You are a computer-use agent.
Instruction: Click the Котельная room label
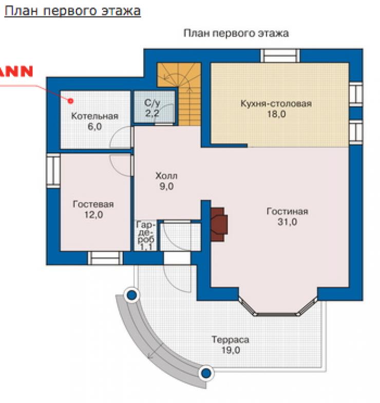(x=94, y=116)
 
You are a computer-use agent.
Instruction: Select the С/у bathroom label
(x=152, y=103)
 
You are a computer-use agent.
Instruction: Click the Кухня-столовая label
(x=276, y=104)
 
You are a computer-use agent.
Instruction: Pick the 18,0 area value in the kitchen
(x=276, y=114)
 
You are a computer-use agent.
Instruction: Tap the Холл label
(x=166, y=176)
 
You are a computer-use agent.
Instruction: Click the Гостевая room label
(x=93, y=205)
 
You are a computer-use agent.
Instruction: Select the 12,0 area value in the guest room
(x=93, y=215)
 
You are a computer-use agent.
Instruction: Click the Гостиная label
(x=288, y=212)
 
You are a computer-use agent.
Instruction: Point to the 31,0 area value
(x=288, y=222)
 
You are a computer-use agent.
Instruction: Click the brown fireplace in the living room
(x=219, y=224)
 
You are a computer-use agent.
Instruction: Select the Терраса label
(x=230, y=340)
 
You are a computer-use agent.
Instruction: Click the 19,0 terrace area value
(x=231, y=350)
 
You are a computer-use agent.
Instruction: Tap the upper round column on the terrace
(x=131, y=295)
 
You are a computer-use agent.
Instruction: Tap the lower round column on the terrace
(x=206, y=373)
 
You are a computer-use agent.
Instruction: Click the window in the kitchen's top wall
(x=280, y=56)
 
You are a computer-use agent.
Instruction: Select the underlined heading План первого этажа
(x=73, y=11)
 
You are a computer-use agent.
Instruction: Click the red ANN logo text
(x=16, y=71)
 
